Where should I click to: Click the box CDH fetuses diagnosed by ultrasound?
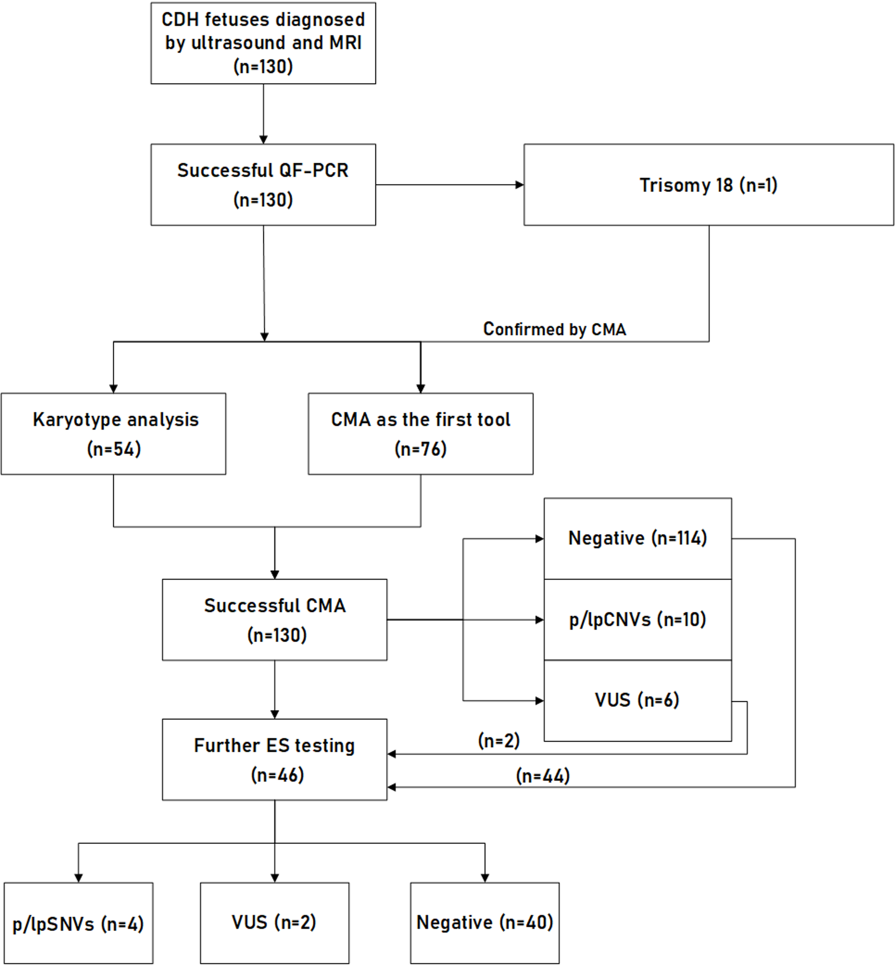pyautogui.click(x=263, y=43)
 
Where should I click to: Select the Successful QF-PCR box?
pyautogui.click(x=263, y=184)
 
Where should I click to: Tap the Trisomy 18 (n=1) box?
pyautogui.click(x=708, y=185)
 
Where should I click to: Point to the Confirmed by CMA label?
pyautogui.click(x=555, y=329)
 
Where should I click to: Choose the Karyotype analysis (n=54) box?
pyautogui.click(x=113, y=434)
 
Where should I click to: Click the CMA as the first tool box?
pyautogui.click(x=421, y=434)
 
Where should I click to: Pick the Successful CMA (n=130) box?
pyautogui.click(x=275, y=619)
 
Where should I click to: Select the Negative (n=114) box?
pyautogui.click(x=637, y=538)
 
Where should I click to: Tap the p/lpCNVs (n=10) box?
pyautogui.click(x=637, y=619)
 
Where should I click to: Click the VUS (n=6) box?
pyautogui.click(x=637, y=700)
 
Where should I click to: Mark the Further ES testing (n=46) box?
pyautogui.click(x=275, y=759)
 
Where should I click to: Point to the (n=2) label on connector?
pyautogui.click(x=499, y=740)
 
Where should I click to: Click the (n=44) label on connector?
pyautogui.click(x=542, y=776)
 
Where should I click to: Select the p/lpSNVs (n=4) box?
pyautogui.click(x=78, y=924)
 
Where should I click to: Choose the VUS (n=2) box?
pyautogui.click(x=274, y=922)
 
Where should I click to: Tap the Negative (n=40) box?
pyautogui.click(x=485, y=922)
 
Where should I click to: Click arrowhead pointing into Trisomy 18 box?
pyautogui.click(x=520, y=185)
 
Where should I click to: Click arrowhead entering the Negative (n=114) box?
pyautogui.click(x=539, y=539)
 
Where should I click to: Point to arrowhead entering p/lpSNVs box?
pyautogui.click(x=78, y=878)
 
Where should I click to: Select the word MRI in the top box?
pyautogui.click(x=345, y=43)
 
